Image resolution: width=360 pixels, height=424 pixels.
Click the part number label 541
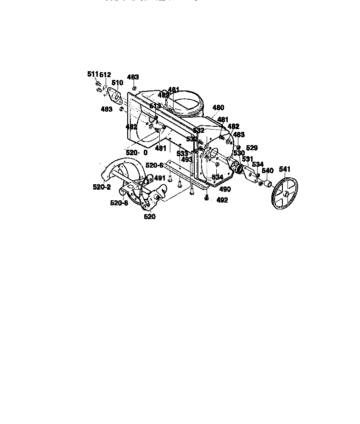(285, 170)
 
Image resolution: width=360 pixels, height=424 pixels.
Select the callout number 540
(267, 171)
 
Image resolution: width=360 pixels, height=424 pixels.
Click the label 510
(118, 83)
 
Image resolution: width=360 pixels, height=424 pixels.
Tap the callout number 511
(93, 74)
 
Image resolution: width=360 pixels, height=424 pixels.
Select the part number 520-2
(101, 187)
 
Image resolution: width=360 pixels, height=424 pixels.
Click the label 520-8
(119, 203)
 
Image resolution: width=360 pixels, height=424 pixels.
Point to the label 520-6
(154, 165)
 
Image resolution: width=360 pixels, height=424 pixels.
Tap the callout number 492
(221, 200)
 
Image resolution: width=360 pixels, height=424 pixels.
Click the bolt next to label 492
(207, 198)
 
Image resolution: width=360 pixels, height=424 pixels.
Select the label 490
(225, 189)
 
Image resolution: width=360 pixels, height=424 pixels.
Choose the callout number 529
(252, 148)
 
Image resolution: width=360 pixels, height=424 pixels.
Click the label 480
(218, 108)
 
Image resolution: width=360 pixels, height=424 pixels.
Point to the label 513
(155, 106)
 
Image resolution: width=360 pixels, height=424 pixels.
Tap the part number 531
(247, 159)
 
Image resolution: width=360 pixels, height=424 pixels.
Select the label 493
(186, 160)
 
